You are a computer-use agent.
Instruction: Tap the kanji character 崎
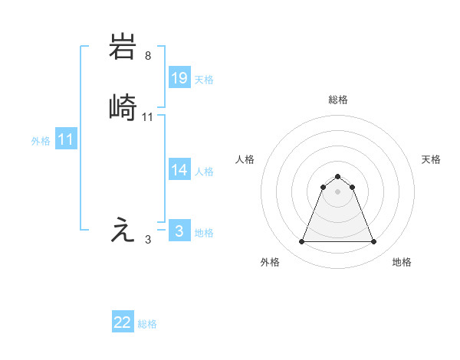click(123, 108)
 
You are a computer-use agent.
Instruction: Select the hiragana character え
click(123, 231)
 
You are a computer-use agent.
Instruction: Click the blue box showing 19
click(179, 77)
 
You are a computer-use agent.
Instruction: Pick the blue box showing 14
click(179, 170)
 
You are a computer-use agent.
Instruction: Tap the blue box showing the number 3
click(179, 231)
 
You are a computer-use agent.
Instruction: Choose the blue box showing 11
click(66, 139)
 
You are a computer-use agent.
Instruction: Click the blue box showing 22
click(123, 322)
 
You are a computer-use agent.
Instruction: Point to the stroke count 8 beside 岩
click(147, 55)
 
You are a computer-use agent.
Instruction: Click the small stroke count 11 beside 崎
click(148, 117)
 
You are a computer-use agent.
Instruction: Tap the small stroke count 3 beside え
click(148, 240)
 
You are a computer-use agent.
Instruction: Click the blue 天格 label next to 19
click(204, 80)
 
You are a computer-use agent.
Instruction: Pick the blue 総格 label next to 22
click(147, 325)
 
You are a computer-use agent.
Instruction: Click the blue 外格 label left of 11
click(41, 141)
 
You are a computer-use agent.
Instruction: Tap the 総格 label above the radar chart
click(337, 100)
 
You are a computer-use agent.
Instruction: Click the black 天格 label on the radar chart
click(432, 159)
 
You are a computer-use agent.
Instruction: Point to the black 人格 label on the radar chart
click(245, 159)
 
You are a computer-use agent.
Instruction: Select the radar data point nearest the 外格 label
click(301, 242)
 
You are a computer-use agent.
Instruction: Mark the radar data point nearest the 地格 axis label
click(374, 242)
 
